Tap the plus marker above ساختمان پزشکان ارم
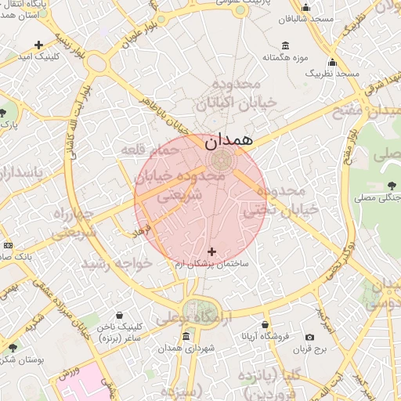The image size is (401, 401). pos(211,251)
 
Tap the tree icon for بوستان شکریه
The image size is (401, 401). pos(12,347)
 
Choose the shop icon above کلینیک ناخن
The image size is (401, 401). pos(118,315)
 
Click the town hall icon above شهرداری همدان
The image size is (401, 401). pos(186,336)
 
